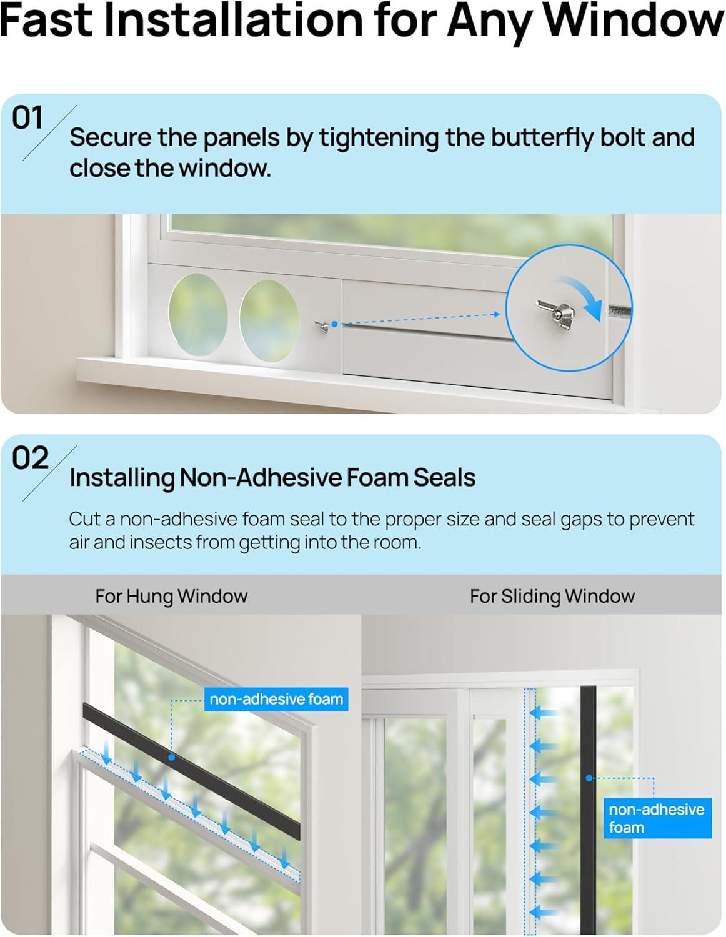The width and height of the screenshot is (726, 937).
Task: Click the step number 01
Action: pos(27,117)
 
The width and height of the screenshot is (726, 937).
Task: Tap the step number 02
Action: pos(30,458)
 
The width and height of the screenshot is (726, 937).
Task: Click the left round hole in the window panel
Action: pos(198,314)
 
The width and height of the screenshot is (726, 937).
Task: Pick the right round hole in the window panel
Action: pos(269,321)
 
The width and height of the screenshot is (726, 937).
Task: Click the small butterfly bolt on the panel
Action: pos(322,327)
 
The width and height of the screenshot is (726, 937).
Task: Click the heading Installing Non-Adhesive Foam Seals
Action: pos(272,478)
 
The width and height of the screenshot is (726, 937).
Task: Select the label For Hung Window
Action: pos(171,596)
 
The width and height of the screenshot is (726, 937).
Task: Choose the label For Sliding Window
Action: pos(552,596)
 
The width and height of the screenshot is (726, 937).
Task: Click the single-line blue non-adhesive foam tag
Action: pos(276,699)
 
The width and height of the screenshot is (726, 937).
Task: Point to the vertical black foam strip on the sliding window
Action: pos(588,811)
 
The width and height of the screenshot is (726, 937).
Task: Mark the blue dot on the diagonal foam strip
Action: pos(171,757)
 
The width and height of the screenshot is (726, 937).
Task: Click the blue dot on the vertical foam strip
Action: pos(589,778)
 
